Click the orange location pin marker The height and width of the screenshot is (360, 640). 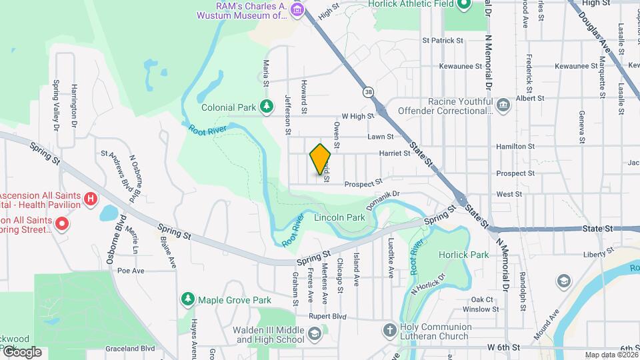pos(320,159)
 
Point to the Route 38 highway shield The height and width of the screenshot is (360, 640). pos(367,91)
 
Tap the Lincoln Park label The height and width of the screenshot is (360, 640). pos(340,217)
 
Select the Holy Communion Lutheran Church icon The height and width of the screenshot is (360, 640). pos(389,330)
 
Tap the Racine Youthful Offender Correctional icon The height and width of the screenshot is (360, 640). pos(503,105)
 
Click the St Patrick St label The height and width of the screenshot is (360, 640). pos(443,41)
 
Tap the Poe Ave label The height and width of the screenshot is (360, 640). pos(131,271)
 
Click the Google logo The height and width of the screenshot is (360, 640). pos(21,351)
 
